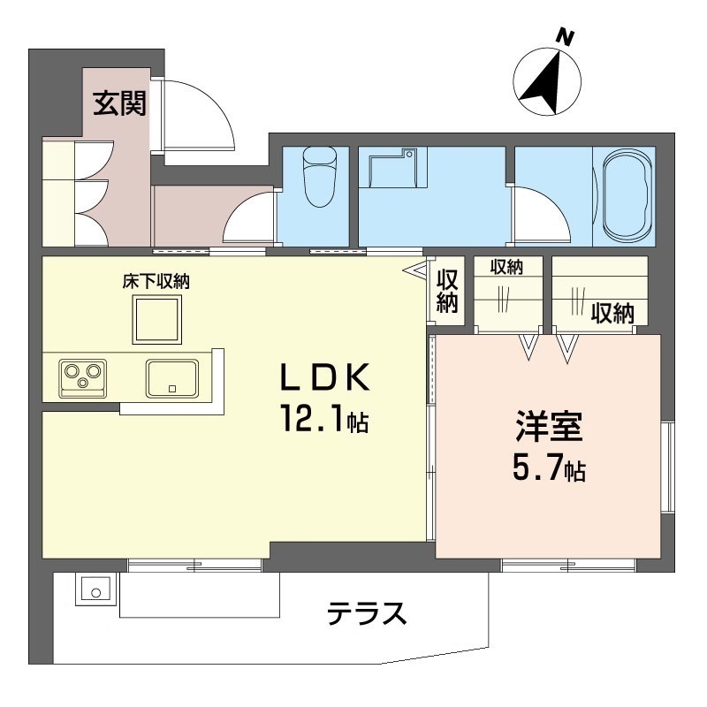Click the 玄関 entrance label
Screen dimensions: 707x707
pos(119,103)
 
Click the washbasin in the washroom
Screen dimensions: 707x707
pos(398,168)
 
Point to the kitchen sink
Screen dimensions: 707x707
pos(171,379)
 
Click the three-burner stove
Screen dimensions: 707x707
pos(83,379)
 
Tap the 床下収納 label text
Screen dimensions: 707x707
pos(156,282)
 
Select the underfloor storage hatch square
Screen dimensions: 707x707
pos(157,320)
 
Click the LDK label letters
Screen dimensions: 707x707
pos(325,377)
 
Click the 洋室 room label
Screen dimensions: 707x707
pos(549,426)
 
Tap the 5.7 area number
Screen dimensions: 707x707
pos(538,469)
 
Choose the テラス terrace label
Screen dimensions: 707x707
pos(367,613)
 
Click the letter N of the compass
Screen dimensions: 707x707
pos(564,37)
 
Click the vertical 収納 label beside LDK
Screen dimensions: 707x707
pos(447,291)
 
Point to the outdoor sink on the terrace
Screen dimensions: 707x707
pos(96,590)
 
